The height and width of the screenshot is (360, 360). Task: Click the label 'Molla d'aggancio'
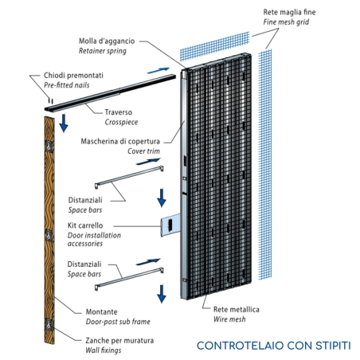tap(112, 41)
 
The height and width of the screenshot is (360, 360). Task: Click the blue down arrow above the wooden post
tap(64, 126)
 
